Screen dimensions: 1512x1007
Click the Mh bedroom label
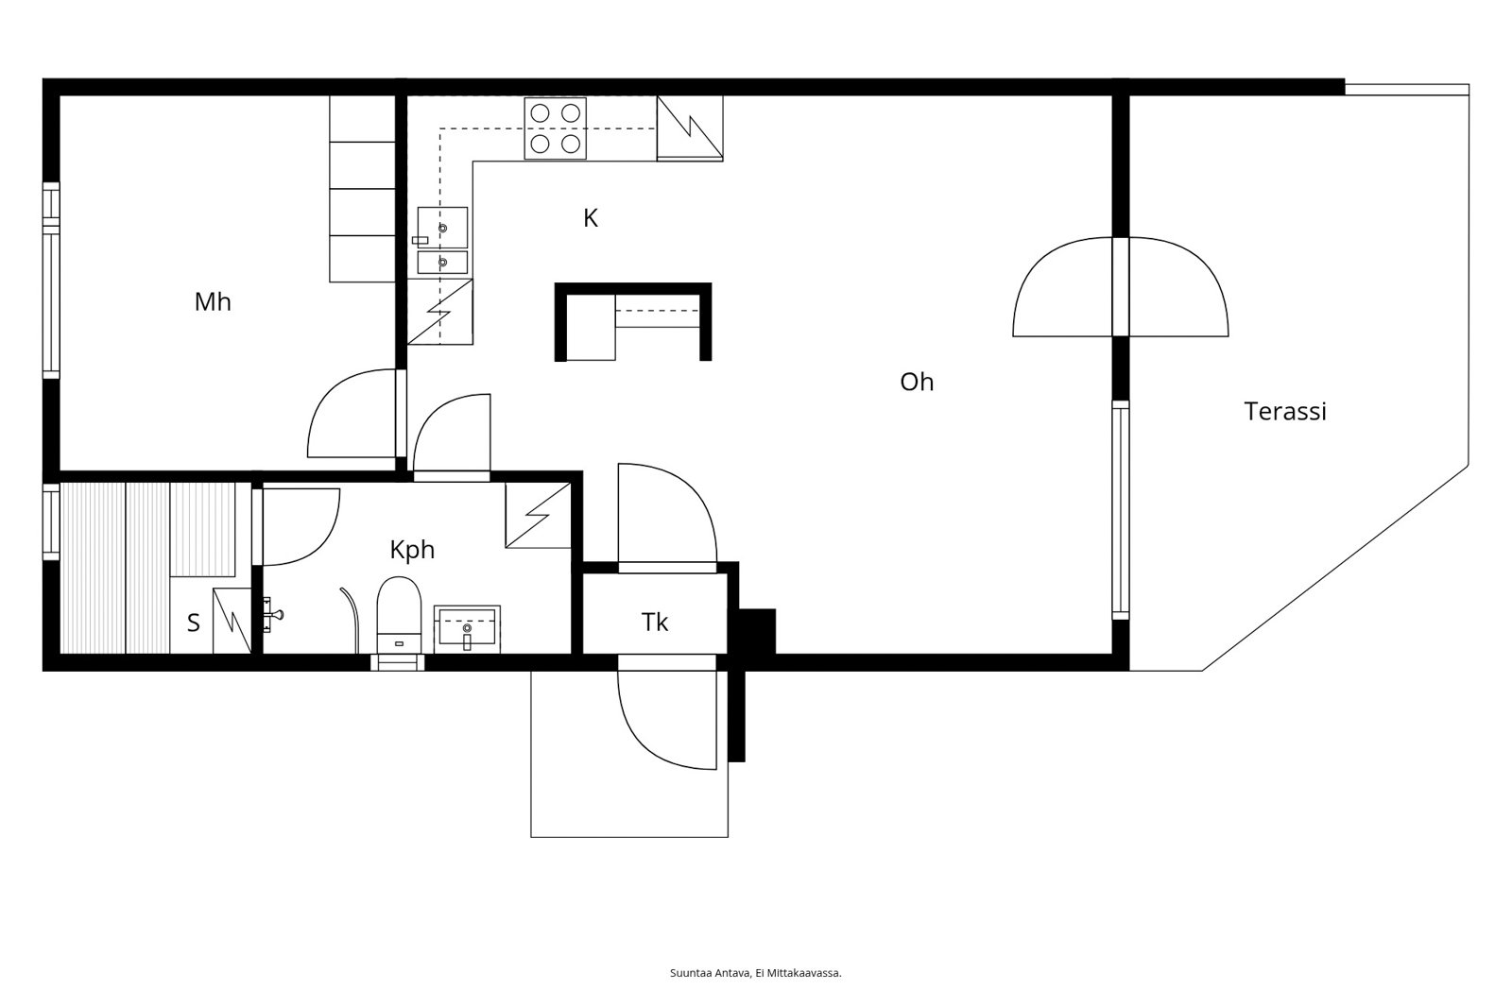pyautogui.click(x=213, y=301)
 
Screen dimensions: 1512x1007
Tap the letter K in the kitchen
pyautogui.click(x=591, y=218)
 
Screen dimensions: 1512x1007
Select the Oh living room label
pyautogui.click(x=917, y=382)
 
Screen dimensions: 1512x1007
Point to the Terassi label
pyautogui.click(x=1285, y=411)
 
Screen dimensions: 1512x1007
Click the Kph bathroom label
pyautogui.click(x=412, y=550)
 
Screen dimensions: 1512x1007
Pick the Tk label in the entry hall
pyautogui.click(x=655, y=623)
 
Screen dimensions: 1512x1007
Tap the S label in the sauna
pyautogui.click(x=194, y=623)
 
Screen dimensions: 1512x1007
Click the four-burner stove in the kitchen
pyautogui.click(x=555, y=128)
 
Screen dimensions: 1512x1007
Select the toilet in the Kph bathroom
pyautogui.click(x=399, y=614)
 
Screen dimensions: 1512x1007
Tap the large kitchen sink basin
pyautogui.click(x=442, y=228)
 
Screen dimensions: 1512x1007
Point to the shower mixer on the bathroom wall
pyautogui.click(x=271, y=614)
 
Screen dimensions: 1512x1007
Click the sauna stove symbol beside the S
pyautogui.click(x=232, y=621)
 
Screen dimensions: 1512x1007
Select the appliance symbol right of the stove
pyautogui.click(x=690, y=128)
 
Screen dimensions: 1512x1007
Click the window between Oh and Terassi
pyautogui.click(x=1121, y=510)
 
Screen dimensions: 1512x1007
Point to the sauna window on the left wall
pyautogui.click(x=51, y=521)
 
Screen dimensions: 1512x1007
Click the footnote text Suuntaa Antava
pyautogui.click(x=710, y=973)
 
